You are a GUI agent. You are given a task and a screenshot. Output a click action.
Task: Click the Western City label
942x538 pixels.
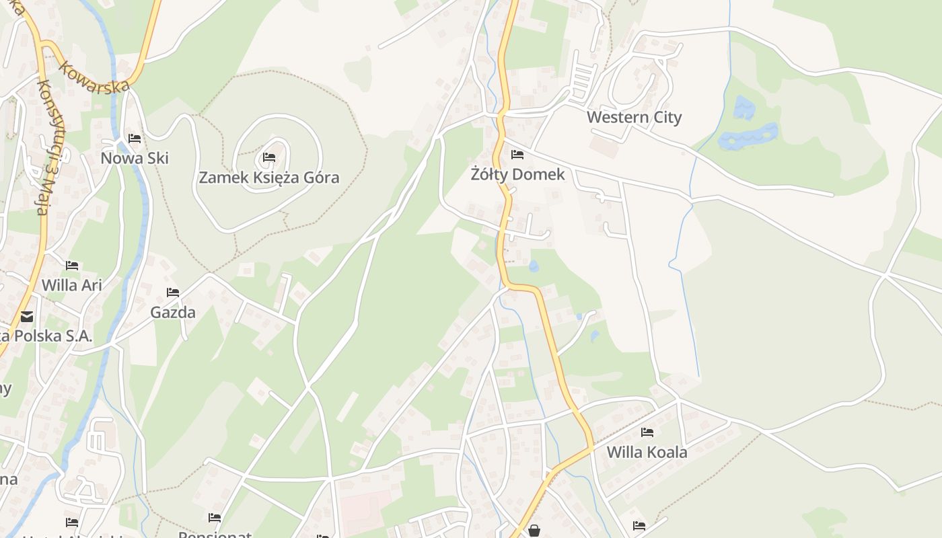tap(634, 117)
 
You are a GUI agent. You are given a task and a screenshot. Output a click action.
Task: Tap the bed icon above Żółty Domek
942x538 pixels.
tap(517, 155)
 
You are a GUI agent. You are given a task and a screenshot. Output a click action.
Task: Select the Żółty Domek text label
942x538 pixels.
tap(517, 175)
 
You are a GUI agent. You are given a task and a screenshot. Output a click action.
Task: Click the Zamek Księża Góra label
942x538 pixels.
tap(268, 178)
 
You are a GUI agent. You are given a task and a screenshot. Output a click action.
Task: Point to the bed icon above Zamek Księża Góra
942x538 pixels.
tap(269, 157)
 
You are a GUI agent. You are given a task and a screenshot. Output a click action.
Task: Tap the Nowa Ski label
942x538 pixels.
tap(134, 159)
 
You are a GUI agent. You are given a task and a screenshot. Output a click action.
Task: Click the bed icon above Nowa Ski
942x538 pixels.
tap(135, 139)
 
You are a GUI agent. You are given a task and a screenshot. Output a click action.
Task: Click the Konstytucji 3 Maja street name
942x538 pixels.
tap(46, 148)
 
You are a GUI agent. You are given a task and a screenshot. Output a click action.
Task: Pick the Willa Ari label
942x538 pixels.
tap(71, 285)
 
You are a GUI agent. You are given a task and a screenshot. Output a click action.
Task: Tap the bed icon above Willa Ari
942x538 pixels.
tap(72, 266)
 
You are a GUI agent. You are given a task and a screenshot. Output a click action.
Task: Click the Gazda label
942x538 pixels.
tap(173, 313)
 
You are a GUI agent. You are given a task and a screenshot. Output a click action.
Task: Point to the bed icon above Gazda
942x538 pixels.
tap(173, 293)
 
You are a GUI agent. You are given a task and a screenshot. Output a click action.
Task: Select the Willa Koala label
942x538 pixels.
tap(647, 452)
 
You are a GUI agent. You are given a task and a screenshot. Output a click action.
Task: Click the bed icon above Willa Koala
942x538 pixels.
tap(647, 432)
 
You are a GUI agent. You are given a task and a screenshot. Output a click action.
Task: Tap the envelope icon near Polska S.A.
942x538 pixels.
tap(26, 317)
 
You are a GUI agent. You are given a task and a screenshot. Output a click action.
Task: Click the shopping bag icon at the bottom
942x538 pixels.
tap(534, 531)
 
